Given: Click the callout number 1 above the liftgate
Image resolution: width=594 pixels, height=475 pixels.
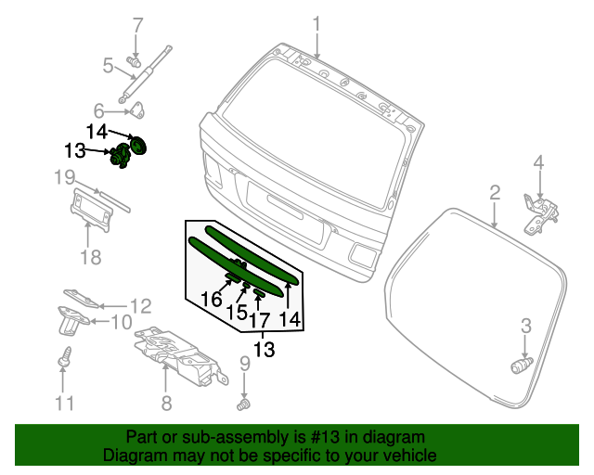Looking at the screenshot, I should (x=316, y=23).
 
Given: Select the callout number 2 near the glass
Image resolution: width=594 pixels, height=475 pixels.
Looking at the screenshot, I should (x=495, y=192).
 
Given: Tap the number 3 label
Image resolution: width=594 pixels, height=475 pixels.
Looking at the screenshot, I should (x=525, y=325).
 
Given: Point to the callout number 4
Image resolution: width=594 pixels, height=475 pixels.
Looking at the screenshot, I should (x=537, y=164).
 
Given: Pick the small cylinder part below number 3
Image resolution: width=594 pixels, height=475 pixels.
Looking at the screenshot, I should (x=520, y=366).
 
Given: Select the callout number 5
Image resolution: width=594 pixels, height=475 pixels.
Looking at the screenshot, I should (x=108, y=66).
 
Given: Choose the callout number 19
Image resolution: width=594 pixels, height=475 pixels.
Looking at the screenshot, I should (x=63, y=176).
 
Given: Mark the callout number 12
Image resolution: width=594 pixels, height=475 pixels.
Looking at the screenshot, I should (x=139, y=305).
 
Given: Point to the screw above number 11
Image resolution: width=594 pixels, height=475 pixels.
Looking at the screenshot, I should (x=64, y=354).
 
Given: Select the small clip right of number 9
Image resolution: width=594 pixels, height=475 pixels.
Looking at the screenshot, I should (x=246, y=404).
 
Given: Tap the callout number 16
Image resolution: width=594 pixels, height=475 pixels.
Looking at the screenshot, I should (x=212, y=298).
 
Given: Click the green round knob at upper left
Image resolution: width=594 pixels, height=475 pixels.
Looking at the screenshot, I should (x=140, y=147).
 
